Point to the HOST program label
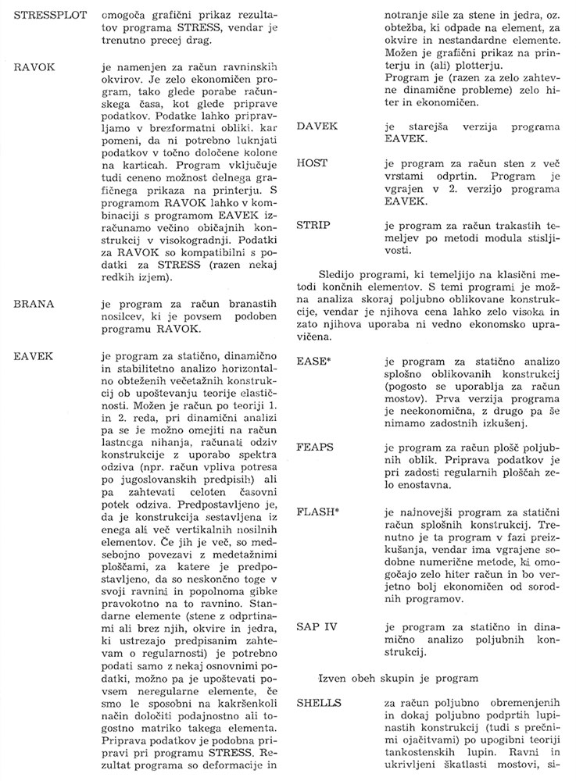[x=314, y=162]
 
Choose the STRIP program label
[x=316, y=225]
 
